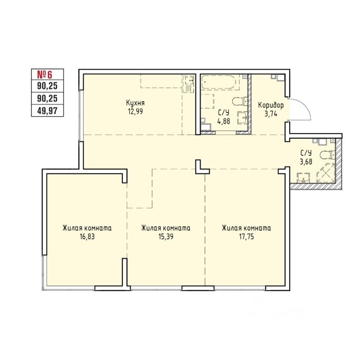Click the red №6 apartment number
45,75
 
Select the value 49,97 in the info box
47,111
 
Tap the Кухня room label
135,103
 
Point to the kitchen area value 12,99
135,112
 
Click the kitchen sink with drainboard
189,83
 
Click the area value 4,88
224,121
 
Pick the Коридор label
271,105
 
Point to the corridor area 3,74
271,114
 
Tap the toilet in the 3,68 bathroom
328,155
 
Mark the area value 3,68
306,161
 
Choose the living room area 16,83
87,237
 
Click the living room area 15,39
166,237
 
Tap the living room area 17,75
246,237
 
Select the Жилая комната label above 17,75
246,228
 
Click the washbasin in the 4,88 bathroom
242,118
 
